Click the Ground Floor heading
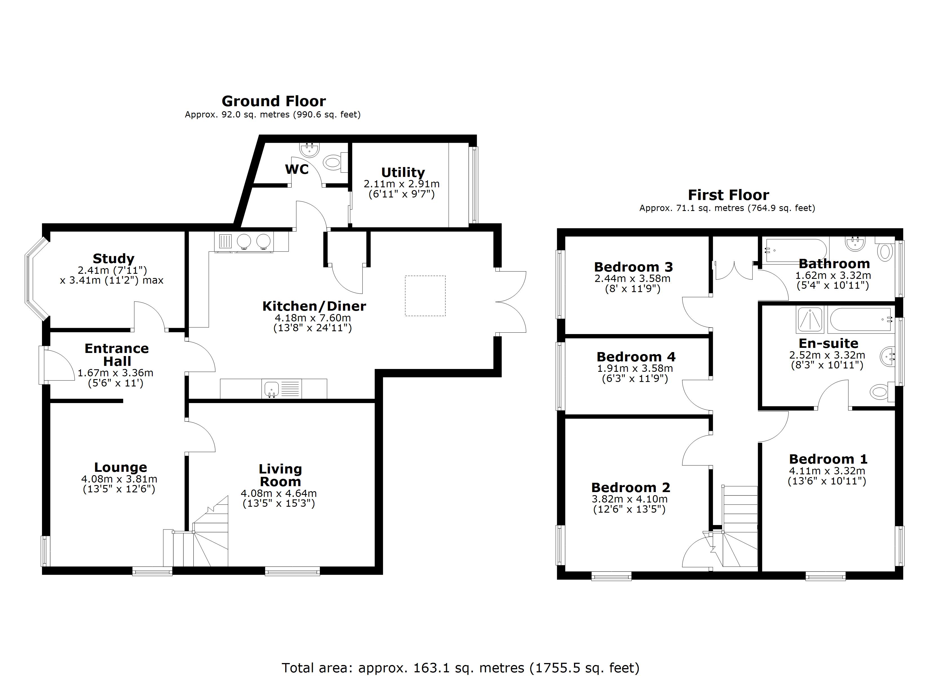click(x=274, y=101)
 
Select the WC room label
click(x=296, y=169)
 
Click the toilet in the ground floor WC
click(x=333, y=162)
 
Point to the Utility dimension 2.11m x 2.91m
click(x=401, y=184)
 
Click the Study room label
click(x=113, y=259)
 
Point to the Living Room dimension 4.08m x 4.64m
click(x=278, y=493)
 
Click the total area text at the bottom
click(x=460, y=668)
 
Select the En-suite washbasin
click(x=887, y=357)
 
